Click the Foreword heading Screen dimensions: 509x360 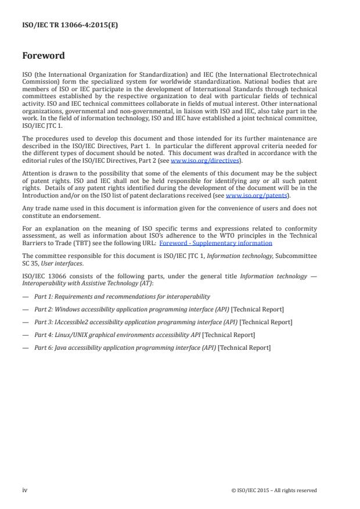click(x=43, y=56)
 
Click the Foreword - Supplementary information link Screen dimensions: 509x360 click(x=215, y=243)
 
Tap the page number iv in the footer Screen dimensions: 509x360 click(x=24, y=490)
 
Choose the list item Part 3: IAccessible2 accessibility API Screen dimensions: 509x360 click(x=163, y=322)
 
